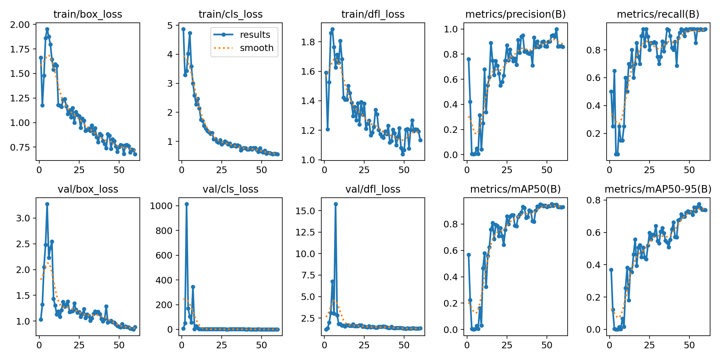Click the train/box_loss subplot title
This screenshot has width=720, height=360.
pos(88,14)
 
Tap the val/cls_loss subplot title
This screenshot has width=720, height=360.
pos(230,189)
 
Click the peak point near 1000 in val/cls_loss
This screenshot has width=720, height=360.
pos(187,204)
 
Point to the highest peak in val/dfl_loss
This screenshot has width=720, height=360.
pos(336,204)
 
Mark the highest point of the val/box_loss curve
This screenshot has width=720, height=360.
pos(47,204)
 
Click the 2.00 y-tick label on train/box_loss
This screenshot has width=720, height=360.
pos(20,25)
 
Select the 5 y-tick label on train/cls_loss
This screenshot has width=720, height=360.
pos(170,25)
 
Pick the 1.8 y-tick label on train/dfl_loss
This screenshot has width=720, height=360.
pos(308,42)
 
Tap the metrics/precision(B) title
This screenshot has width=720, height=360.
pos(515,14)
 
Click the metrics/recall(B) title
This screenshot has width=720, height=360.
pos(658,14)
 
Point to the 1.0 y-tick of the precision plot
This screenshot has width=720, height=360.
pos(451,29)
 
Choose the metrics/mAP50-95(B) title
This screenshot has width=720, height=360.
pos(658,189)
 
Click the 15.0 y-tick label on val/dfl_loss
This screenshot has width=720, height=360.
pos(305,211)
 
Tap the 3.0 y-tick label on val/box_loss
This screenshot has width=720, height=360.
pos(23,218)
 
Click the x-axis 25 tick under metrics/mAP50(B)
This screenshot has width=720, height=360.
pos(507,345)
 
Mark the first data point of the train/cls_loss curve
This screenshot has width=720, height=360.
pos(183,29)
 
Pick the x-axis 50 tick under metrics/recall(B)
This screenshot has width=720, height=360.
pos(689,170)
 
